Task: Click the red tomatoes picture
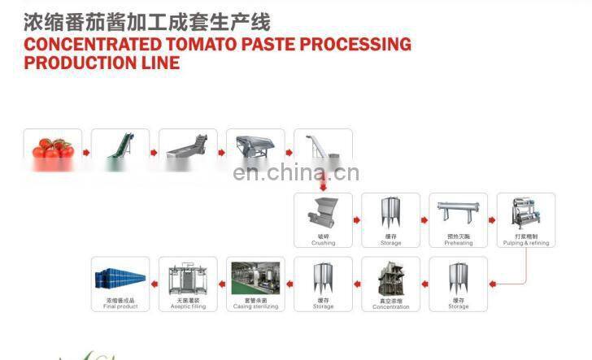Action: (x=53, y=148)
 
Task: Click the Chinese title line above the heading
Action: (x=146, y=20)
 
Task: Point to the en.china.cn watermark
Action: (x=295, y=173)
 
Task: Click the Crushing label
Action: (x=323, y=243)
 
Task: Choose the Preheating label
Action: (x=458, y=243)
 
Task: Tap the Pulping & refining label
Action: (x=525, y=243)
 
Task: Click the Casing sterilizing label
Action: (x=255, y=307)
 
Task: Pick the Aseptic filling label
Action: (x=188, y=307)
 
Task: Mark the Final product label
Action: (x=120, y=307)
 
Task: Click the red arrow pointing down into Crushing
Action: (x=323, y=184)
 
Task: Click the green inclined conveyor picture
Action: (x=120, y=147)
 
